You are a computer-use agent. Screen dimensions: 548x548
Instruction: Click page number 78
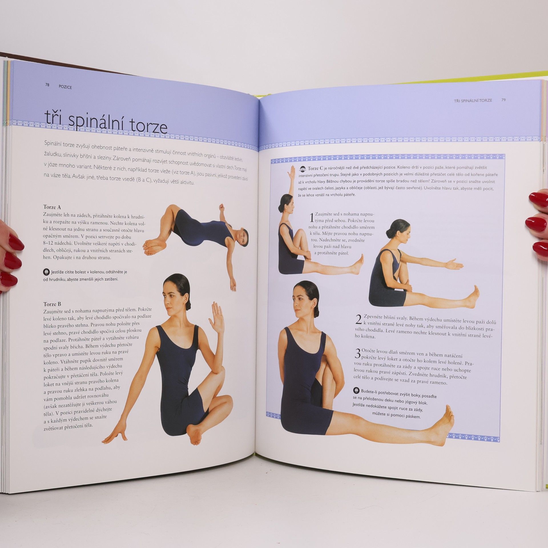tap(47, 85)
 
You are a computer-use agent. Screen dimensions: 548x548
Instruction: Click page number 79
tap(503, 100)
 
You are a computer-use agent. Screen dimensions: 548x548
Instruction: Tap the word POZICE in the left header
tap(65, 87)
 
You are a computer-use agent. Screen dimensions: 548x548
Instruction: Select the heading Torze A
tap(52, 207)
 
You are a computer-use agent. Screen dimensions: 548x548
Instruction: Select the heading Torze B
tap(52, 304)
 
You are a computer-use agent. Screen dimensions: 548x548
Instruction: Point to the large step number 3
tap(358, 354)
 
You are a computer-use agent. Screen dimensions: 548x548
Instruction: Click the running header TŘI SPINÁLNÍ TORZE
tap(473, 100)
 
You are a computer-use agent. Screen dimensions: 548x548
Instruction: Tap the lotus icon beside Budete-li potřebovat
tap(356, 390)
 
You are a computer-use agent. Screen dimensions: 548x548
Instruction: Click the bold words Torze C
tap(315, 168)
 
